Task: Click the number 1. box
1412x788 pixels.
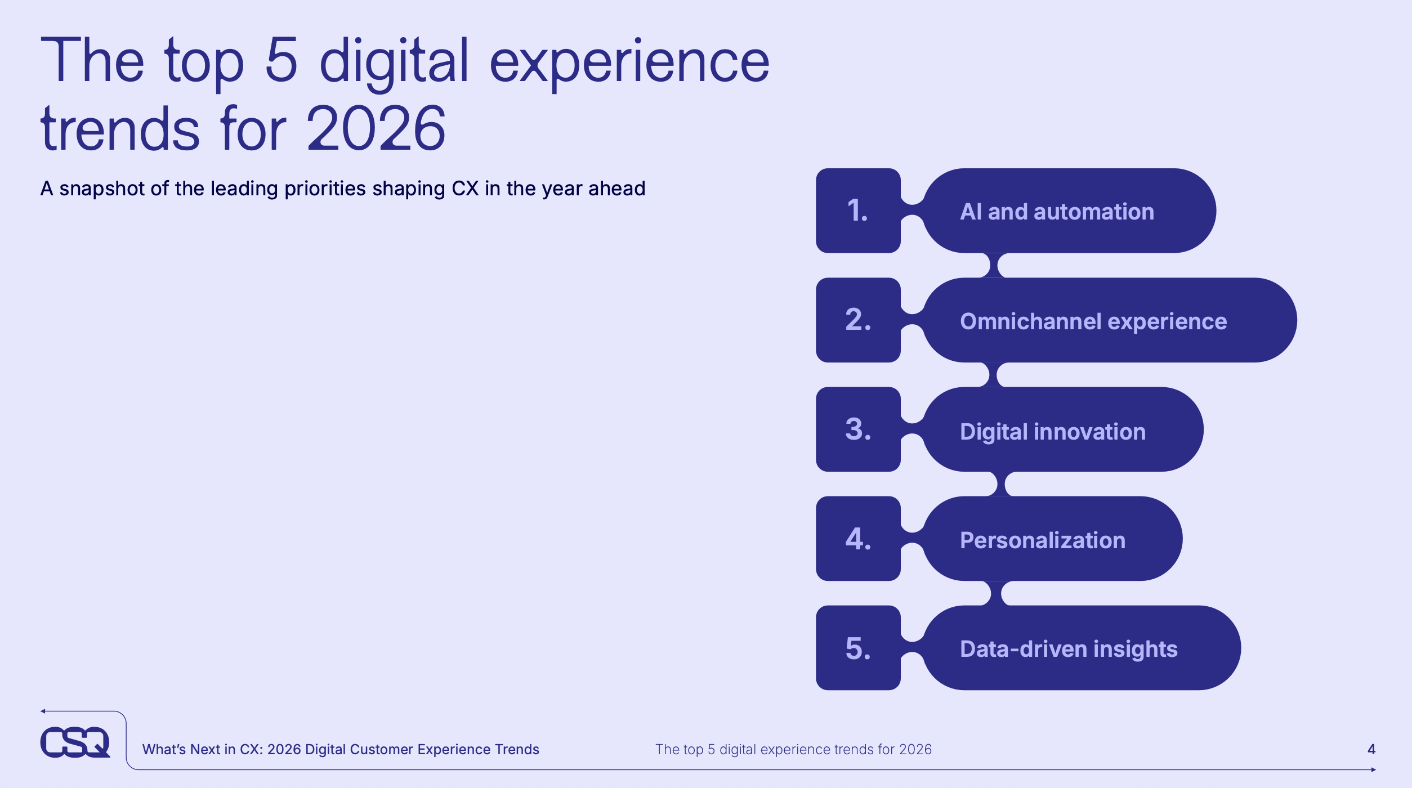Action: [858, 211]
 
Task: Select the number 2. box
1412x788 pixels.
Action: [858, 320]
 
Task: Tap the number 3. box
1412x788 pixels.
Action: [858, 429]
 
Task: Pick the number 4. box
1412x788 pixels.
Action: [858, 539]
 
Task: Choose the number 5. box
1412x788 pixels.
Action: [858, 648]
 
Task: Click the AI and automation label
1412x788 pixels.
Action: [1057, 212]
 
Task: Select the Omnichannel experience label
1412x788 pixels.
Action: [1093, 322]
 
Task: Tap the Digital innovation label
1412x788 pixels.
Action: [1053, 432]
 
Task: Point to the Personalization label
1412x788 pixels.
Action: [1043, 540]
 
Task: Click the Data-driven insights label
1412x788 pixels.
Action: [1069, 650]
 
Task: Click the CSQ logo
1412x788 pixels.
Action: [75, 742]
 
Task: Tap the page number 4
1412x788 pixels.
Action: [1371, 749]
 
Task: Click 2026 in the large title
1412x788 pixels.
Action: [376, 128]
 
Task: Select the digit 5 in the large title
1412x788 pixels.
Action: [281, 60]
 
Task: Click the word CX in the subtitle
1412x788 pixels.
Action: [465, 189]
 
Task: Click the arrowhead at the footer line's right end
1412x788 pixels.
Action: [1374, 769]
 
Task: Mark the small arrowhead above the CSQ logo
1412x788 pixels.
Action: [43, 711]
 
